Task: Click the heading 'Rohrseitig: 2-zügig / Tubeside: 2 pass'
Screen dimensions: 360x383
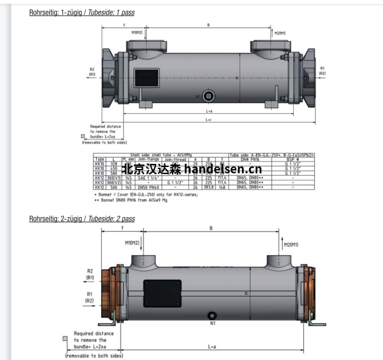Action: pyautogui.click(x=82, y=219)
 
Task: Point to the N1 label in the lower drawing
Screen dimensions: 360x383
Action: pyautogui.click(x=213, y=325)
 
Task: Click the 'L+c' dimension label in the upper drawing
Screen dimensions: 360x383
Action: pyautogui.click(x=207, y=120)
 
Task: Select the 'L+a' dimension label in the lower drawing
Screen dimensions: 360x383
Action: pyautogui.click(x=213, y=347)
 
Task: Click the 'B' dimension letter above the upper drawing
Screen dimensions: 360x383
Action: pyautogui.click(x=209, y=26)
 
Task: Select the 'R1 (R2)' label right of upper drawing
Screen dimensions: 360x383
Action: pyautogui.click(x=322, y=71)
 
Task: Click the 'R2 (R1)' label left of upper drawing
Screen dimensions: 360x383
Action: pyautogui.click(x=92, y=71)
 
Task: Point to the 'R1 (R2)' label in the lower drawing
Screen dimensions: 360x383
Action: pyautogui.click(x=90, y=297)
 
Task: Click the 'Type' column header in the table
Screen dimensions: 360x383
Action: pyautogui.click(x=99, y=159)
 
